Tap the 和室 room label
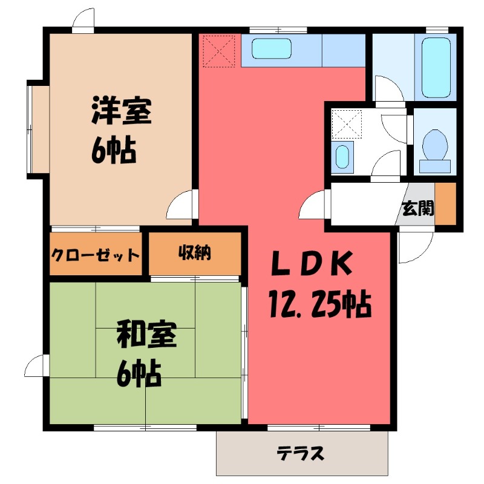tap(146, 336)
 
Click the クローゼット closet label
tap(94, 254)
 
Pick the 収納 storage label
tap(194, 253)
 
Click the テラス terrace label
tap(301, 453)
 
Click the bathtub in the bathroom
tap(436, 68)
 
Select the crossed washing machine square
tap(346, 125)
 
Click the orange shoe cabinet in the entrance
tap(445, 203)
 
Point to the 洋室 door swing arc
tap(181, 206)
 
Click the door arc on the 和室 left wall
tap(36, 366)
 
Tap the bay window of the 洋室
tap(35, 129)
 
